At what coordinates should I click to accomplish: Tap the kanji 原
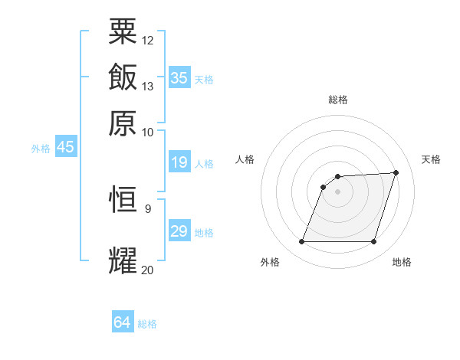coord(123,122)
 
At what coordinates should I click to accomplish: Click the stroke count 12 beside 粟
coord(148,39)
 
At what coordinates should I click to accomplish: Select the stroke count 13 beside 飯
coord(148,86)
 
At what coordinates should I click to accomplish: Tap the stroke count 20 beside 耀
coord(148,269)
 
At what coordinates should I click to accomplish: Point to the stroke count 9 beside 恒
coord(148,208)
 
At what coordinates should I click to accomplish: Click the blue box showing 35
coord(179,77)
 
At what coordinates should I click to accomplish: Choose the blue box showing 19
coord(179,162)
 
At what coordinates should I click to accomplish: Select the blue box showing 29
coord(179,231)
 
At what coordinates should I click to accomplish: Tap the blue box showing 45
coord(65,147)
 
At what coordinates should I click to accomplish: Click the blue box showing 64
coord(122,322)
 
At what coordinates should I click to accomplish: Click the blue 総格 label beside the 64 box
coord(147,324)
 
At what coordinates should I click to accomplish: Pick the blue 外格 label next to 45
coord(41,149)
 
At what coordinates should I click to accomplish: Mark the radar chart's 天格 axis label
coord(431,159)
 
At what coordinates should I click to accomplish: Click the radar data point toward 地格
coord(373,242)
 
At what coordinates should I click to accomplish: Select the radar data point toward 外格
coord(301,242)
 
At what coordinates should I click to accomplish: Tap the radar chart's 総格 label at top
coord(337,100)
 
